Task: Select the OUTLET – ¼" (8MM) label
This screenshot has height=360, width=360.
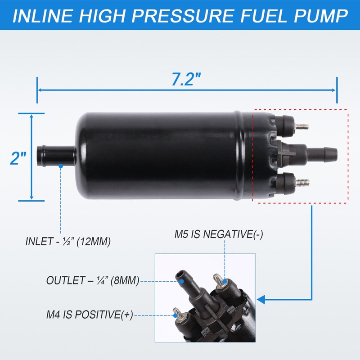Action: (92, 280)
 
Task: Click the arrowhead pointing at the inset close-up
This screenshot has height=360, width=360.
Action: (261, 298)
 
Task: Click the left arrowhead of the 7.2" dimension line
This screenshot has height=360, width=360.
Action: (40, 90)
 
